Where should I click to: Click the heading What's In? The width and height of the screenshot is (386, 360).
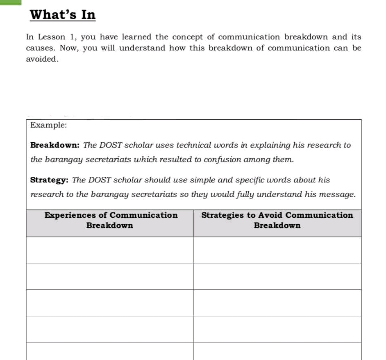pos(63,15)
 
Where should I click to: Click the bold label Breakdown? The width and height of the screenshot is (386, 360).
pos(55,145)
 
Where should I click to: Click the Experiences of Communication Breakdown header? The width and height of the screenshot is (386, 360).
pos(110,220)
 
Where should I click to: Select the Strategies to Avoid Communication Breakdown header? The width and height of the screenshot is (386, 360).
pos(277,220)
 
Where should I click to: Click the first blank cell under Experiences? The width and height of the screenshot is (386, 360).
pos(110,250)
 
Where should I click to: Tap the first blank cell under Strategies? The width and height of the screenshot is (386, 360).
pos(277,250)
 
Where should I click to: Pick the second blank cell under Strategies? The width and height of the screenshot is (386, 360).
pos(277,276)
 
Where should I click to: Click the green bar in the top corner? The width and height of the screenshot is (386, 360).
pos(10,2)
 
